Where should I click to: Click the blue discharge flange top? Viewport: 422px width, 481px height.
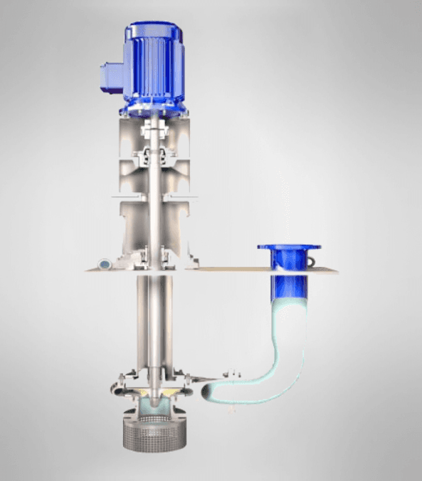(x=289, y=248)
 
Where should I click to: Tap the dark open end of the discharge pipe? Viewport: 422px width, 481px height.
(x=209, y=390)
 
